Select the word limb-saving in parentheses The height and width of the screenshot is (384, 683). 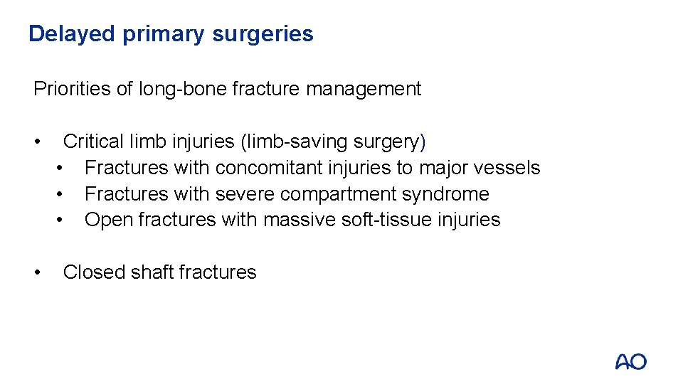(298, 142)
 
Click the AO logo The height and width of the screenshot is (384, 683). (630, 361)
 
